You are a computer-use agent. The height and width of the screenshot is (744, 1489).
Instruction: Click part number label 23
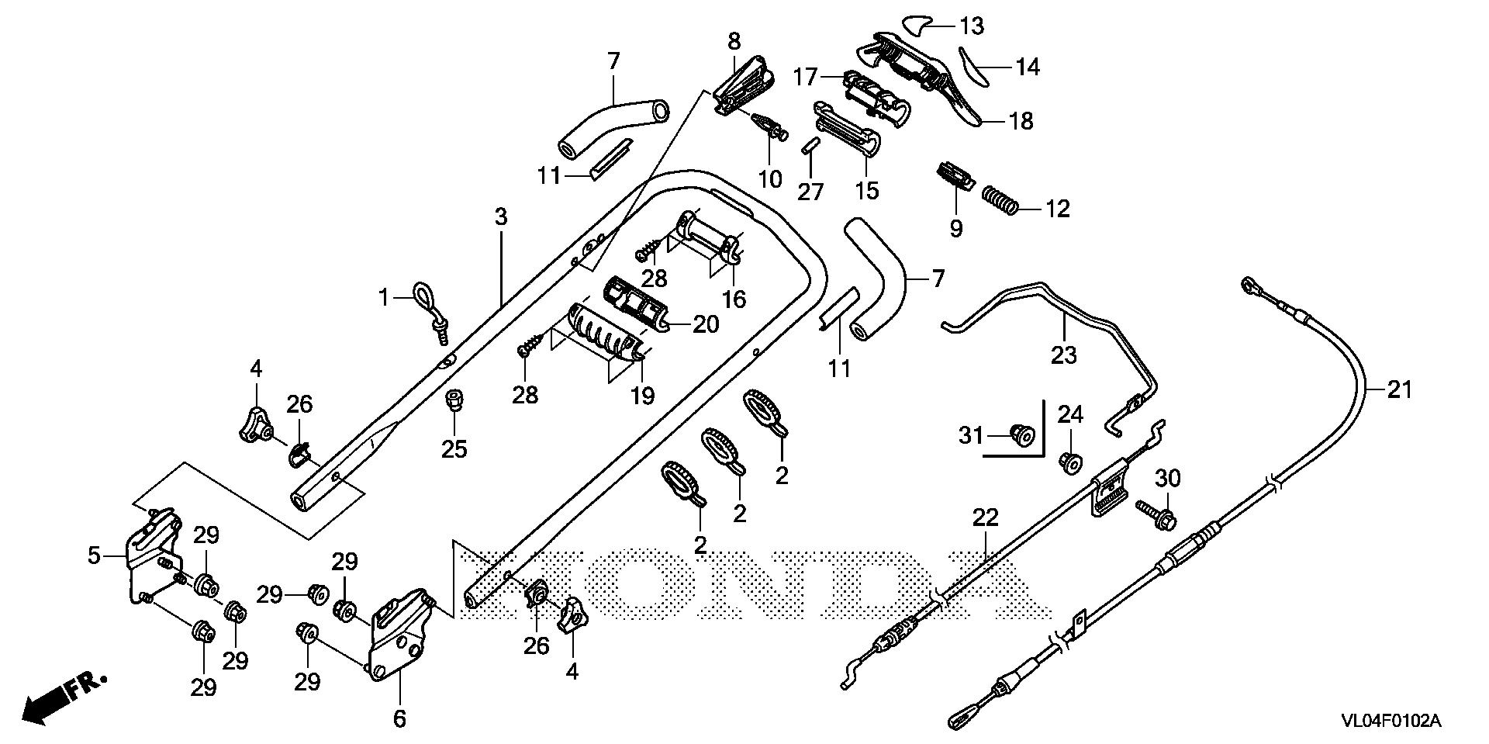click(x=1064, y=355)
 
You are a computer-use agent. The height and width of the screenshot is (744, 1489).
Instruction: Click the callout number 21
click(x=1400, y=390)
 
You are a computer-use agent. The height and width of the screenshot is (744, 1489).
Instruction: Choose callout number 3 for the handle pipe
click(x=501, y=216)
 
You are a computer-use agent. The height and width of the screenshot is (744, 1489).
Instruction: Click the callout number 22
click(x=986, y=517)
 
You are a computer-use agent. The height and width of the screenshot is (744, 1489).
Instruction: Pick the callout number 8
click(x=734, y=40)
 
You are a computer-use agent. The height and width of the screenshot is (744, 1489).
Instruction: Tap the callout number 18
click(x=1022, y=121)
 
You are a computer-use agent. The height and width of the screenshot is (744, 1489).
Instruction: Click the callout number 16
click(x=734, y=299)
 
